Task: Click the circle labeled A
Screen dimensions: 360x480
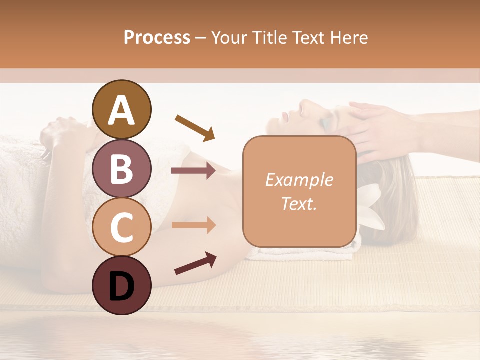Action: [122, 109]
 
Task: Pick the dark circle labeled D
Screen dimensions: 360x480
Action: [122, 285]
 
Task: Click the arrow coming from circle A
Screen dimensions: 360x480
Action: [195, 127]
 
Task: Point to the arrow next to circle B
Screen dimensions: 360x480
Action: [193, 171]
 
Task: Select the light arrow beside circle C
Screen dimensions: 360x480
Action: [193, 225]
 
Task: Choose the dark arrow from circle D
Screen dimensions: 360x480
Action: [195, 263]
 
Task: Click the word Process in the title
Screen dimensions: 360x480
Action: [157, 37]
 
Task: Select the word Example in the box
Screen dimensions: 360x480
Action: [299, 180]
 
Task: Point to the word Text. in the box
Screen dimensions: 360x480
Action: [299, 203]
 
